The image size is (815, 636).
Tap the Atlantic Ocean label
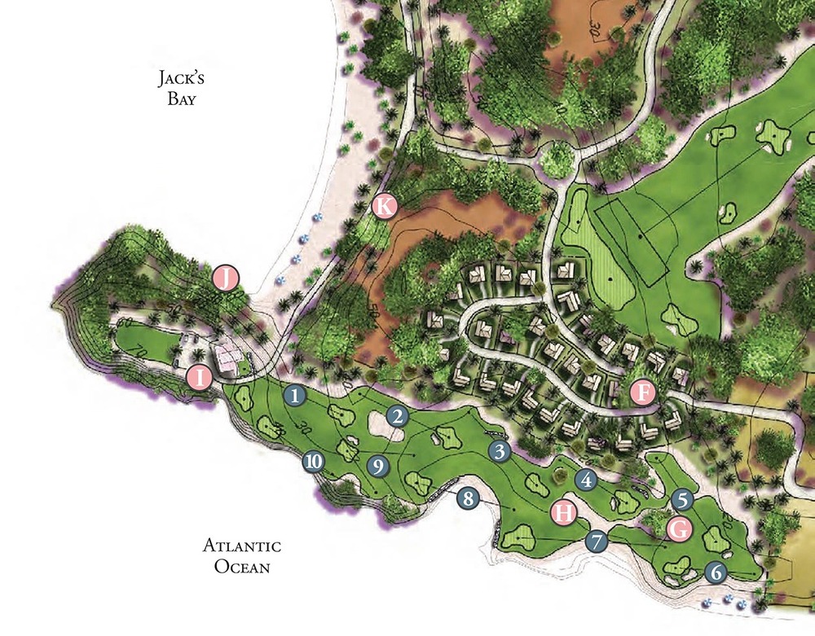[242, 555]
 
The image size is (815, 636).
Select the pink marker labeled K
[384, 206]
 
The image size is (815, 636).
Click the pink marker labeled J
[226, 279]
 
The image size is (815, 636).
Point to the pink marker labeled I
[198, 377]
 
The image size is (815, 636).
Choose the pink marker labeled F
[644, 393]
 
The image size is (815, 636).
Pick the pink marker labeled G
[680, 529]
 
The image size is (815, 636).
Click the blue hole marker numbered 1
[295, 395]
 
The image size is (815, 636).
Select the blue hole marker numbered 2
[397, 416]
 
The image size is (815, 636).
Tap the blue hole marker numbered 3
[500, 450]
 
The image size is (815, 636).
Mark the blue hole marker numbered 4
[585, 480]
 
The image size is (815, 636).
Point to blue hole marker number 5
[683, 498]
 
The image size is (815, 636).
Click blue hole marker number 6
[716, 572]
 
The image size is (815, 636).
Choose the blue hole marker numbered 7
[597, 540]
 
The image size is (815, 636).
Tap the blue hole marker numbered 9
[377, 466]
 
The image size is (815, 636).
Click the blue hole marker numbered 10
[313, 462]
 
